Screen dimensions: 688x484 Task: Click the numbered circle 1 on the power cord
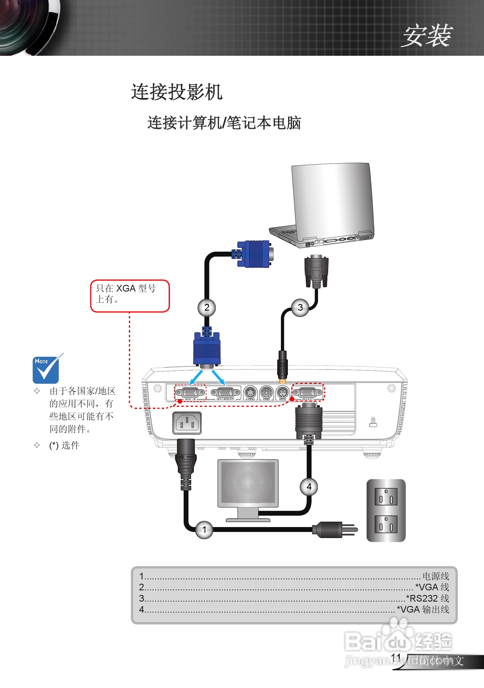[204, 530]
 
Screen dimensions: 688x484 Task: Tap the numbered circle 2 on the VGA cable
[207, 307]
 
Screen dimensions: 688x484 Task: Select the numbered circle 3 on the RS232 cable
[300, 307]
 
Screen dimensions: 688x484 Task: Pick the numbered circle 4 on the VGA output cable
[309, 487]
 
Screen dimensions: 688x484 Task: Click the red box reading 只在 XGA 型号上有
[130, 296]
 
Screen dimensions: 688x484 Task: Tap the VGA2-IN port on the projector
[190, 392]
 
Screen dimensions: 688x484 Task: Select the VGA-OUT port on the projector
[307, 392]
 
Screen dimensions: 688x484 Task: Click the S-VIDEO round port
[250, 392]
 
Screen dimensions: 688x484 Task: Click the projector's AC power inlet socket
[187, 423]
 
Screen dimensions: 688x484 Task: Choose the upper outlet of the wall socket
[386, 496]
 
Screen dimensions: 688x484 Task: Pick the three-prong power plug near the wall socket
[333, 530]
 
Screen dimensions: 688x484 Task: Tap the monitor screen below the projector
[248, 483]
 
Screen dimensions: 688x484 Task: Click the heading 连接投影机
[177, 92]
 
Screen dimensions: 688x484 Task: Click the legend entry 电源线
[436, 576]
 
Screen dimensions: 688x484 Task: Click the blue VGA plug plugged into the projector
[207, 349]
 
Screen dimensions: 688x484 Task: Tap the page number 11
[396, 657]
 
